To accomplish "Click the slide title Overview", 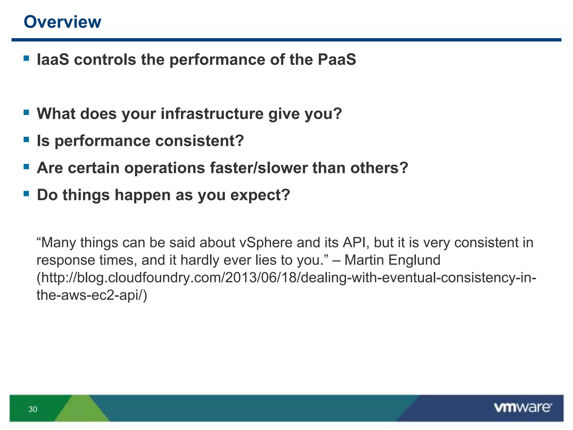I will click(x=62, y=22).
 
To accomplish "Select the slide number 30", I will click(x=33, y=409).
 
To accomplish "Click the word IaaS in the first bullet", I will click(x=53, y=60).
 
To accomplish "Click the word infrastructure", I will click(x=212, y=114).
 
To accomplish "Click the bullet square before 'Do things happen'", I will click(x=27, y=193).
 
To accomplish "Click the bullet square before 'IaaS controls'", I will click(x=27, y=58).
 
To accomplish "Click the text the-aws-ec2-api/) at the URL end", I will click(x=92, y=295).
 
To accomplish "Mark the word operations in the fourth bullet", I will click(x=165, y=168).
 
